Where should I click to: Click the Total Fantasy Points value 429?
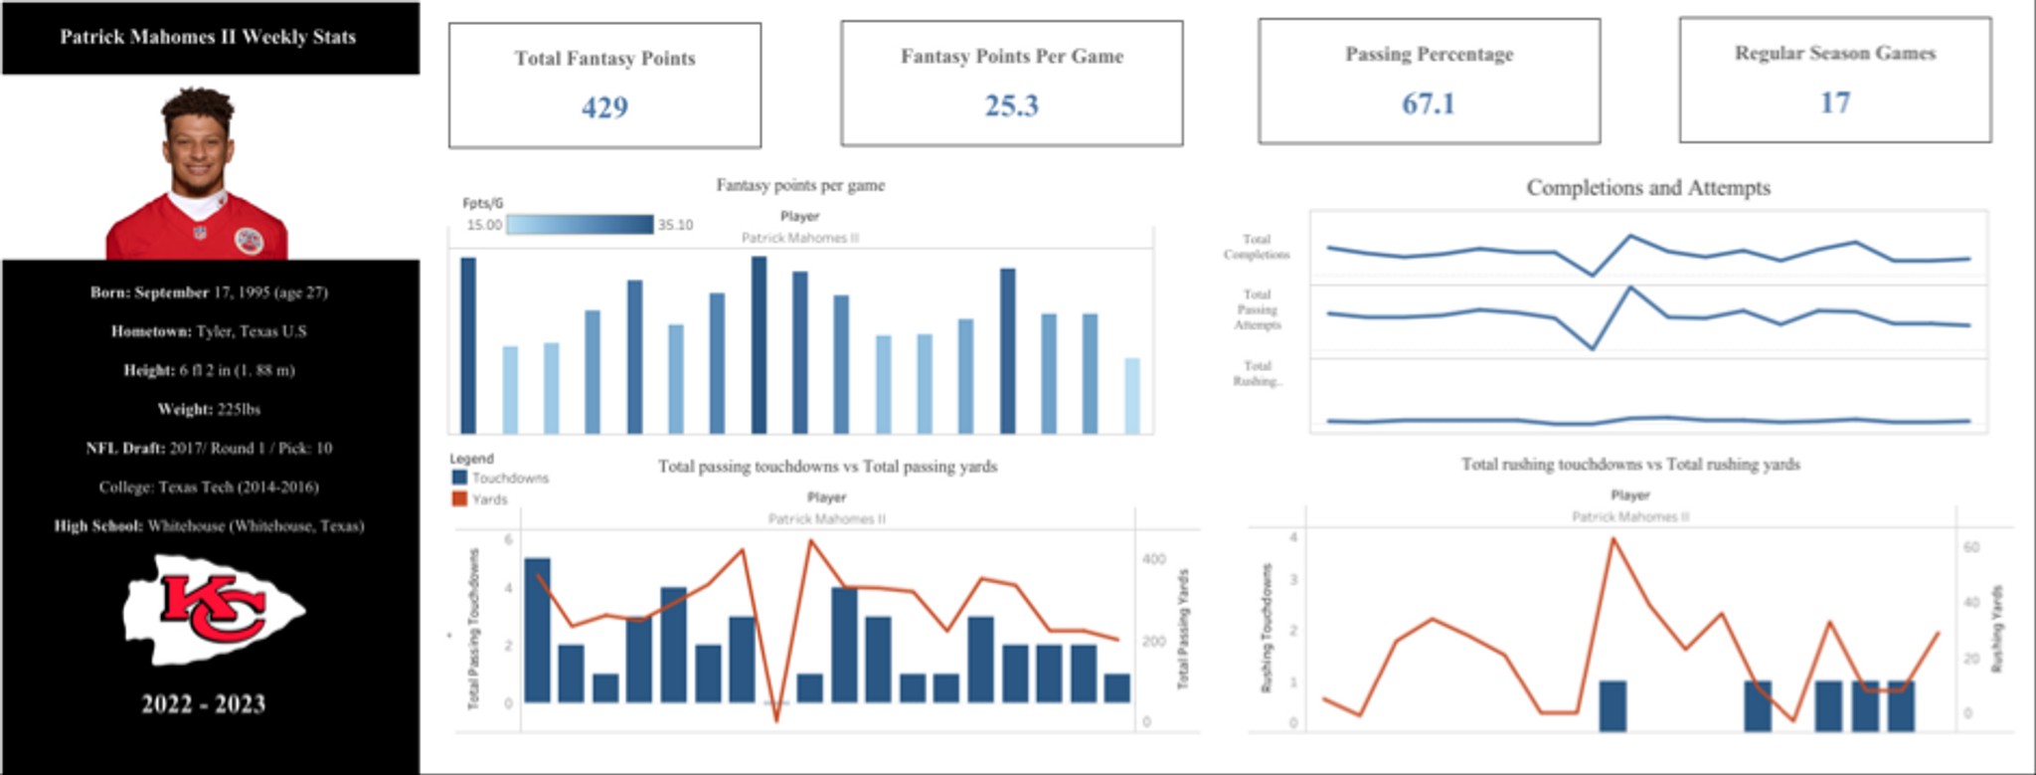604,107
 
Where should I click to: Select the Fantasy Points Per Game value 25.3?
1011,105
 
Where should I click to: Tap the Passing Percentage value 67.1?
1428,103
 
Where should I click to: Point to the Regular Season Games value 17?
1834,102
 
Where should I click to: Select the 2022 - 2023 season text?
204,704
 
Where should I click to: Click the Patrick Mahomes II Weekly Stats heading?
208,38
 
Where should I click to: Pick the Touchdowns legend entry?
501,479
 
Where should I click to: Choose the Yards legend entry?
481,499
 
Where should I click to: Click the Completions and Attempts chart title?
1648,188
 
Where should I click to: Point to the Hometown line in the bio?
209,331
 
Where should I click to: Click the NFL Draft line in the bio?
209,449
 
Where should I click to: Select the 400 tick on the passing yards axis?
1153,559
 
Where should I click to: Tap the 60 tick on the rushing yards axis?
1971,547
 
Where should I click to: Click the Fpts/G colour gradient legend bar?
580,225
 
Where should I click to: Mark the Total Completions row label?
1257,247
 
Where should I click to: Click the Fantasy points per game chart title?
800,185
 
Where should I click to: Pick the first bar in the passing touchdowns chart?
537,631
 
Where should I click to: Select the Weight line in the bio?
209,410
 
